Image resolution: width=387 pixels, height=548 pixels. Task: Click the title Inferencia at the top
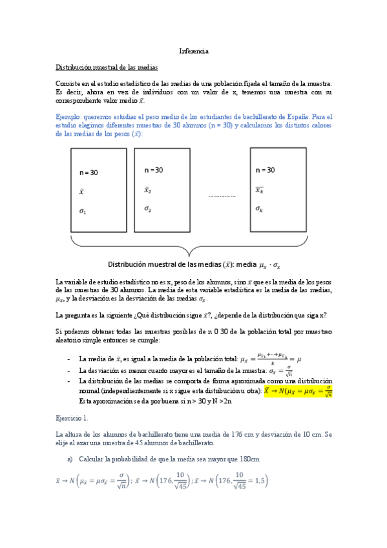click(x=193, y=51)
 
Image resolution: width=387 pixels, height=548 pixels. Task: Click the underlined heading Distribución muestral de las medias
click(x=107, y=67)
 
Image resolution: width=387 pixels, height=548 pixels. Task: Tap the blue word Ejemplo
click(x=72, y=117)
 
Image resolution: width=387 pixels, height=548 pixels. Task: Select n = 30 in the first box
click(x=89, y=173)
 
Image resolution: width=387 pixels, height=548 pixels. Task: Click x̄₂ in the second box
click(x=147, y=190)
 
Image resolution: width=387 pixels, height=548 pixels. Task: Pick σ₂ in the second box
click(x=148, y=209)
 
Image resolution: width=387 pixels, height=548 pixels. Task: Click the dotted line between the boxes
click(x=222, y=196)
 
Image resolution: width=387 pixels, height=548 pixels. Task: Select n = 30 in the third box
click(x=265, y=170)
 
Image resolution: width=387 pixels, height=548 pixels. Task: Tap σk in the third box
click(x=259, y=209)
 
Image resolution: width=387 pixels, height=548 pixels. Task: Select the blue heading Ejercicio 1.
click(x=73, y=417)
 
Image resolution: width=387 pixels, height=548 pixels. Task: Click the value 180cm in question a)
click(x=249, y=459)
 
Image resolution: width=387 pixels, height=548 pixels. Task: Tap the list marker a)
click(x=70, y=459)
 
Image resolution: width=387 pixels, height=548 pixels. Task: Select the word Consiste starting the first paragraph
click(x=68, y=83)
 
